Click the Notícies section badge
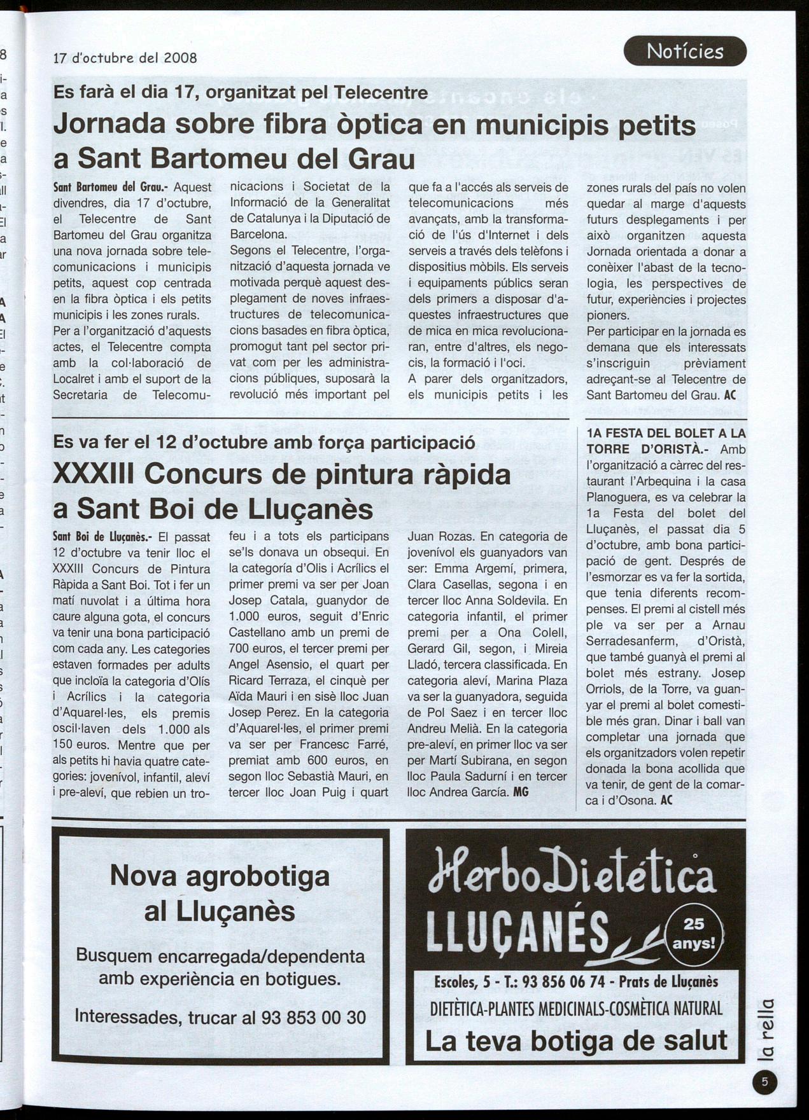(x=685, y=51)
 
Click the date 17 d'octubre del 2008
(x=125, y=58)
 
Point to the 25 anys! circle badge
(x=694, y=934)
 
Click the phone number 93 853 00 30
(x=313, y=1018)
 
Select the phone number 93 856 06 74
(x=563, y=982)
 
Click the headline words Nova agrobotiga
(x=220, y=876)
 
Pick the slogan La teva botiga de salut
(x=575, y=1041)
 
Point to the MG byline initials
(x=521, y=792)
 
